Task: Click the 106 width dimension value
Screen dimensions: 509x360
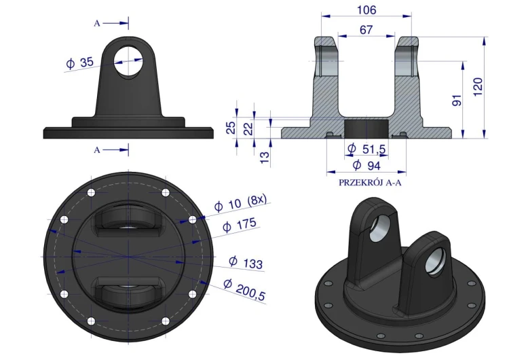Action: [x=366, y=10]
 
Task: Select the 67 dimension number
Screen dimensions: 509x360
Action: [x=366, y=30]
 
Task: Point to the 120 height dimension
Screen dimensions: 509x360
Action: [x=478, y=87]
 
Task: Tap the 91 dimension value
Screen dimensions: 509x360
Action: [x=457, y=100]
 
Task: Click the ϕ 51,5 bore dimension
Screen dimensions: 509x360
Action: [x=366, y=149]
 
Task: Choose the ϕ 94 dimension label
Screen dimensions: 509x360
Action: [x=366, y=165]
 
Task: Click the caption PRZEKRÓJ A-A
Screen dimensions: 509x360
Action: [x=370, y=183]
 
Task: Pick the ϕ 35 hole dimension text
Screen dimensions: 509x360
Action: [x=80, y=62]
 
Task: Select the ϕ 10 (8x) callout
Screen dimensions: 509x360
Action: [x=240, y=202]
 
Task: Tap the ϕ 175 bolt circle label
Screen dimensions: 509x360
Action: [x=240, y=225]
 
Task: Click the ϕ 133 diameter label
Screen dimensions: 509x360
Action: [x=246, y=262]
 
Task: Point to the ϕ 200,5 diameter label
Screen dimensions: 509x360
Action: [x=244, y=290]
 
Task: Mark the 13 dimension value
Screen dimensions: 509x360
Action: [x=265, y=157]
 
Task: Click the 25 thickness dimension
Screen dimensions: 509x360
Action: [x=231, y=128]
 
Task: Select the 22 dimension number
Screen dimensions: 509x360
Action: [x=248, y=128]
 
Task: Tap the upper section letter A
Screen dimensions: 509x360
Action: [x=97, y=23]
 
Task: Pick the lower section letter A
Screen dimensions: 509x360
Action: [x=97, y=150]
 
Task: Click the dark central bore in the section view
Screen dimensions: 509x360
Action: [x=366, y=128]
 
